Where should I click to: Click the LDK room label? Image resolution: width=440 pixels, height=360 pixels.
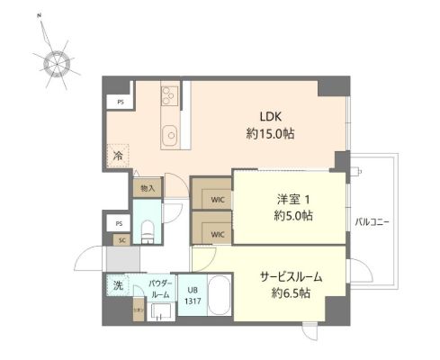(273, 115)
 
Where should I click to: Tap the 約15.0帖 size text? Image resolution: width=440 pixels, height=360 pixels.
(273, 133)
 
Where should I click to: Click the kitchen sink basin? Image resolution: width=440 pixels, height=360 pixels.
(169, 137)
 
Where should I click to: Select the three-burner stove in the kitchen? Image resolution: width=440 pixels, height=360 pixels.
(170, 95)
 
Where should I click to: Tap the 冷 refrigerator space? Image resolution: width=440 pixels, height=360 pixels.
(118, 157)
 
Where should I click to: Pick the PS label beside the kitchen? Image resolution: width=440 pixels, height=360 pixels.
(121, 102)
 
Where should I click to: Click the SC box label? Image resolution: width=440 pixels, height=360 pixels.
(121, 239)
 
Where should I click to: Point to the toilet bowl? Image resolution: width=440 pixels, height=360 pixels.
(147, 232)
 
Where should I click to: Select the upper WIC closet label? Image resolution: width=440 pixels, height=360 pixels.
(217, 201)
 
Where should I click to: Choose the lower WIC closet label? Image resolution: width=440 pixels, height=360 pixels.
(217, 235)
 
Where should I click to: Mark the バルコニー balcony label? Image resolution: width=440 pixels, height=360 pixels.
(371, 221)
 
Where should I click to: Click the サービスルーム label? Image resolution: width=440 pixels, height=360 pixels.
(290, 276)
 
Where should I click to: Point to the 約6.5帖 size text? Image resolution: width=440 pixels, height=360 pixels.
(290, 293)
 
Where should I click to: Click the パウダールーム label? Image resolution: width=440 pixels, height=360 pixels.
(160, 289)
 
